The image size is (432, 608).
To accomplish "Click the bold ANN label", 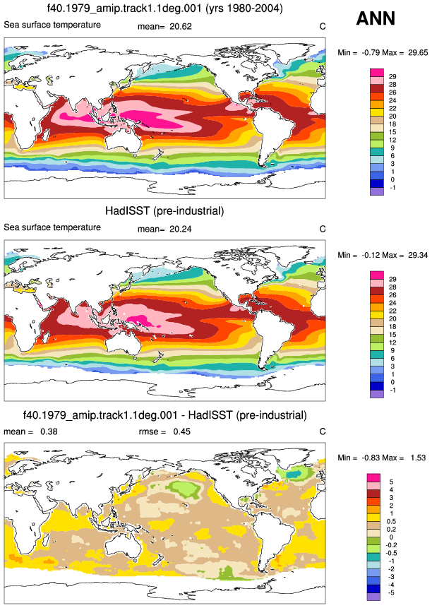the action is pyautogui.click(x=376, y=18).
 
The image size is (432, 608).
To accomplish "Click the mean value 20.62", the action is pyautogui.click(x=181, y=26).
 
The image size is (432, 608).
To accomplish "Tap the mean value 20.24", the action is pyautogui.click(x=181, y=229).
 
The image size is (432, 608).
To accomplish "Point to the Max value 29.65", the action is pyautogui.click(x=418, y=52).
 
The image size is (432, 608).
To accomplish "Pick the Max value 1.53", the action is pyautogui.click(x=418, y=458).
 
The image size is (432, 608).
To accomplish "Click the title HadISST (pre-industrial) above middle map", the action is pyautogui.click(x=164, y=211).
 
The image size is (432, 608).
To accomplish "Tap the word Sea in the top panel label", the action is pyautogui.click(x=11, y=25).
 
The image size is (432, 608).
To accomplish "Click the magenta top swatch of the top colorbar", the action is pyautogui.click(x=377, y=73).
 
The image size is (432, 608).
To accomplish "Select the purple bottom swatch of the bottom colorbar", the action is pyautogui.click(x=373, y=597).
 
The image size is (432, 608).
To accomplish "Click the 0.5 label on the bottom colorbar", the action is pyautogui.click(x=391, y=521).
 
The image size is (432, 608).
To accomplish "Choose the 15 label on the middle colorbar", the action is pyautogui.click(x=392, y=335).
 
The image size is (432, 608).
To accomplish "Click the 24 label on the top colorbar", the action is pyautogui.click(x=392, y=100).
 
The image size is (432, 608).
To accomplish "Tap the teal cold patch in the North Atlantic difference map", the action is pyautogui.click(x=295, y=473).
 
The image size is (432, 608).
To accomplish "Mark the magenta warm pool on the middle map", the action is pyautogui.click(x=140, y=321).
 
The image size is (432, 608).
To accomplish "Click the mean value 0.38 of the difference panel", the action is pyautogui.click(x=49, y=431).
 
